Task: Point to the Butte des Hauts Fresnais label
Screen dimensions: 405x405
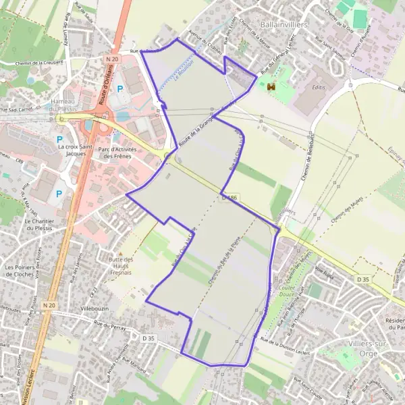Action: (x=122, y=264)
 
